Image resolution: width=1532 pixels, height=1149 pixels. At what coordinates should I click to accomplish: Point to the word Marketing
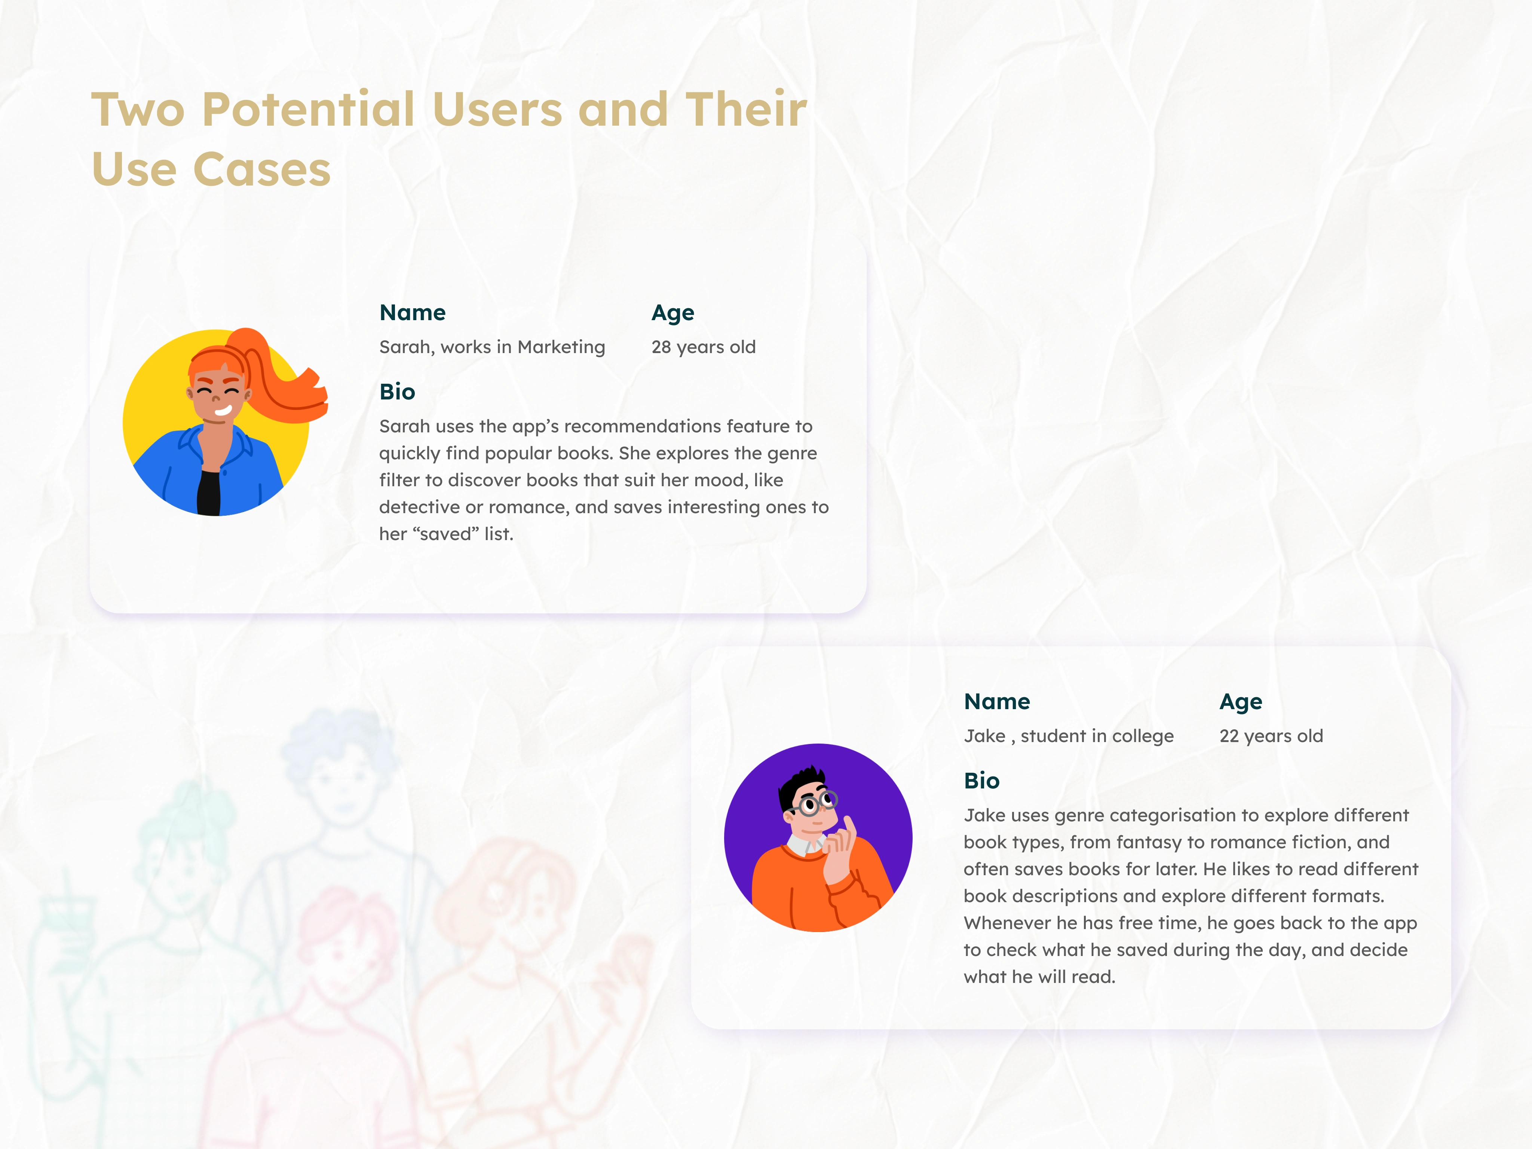[x=561, y=347]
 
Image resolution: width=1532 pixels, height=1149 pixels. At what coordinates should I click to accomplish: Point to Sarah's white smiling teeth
[x=223, y=411]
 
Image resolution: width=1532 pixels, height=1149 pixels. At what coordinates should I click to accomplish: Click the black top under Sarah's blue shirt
[x=208, y=493]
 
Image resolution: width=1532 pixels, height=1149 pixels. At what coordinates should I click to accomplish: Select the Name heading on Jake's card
[x=997, y=702]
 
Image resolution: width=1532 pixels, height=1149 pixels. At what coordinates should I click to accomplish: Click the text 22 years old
[x=1271, y=736]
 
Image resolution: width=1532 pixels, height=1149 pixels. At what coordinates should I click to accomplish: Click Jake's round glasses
[x=815, y=803]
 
